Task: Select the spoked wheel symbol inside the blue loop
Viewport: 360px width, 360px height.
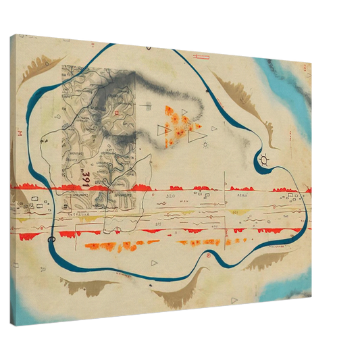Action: pos(263,160)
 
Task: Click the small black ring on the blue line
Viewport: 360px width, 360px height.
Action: pos(52,239)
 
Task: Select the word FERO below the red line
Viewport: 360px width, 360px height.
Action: pos(242,194)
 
